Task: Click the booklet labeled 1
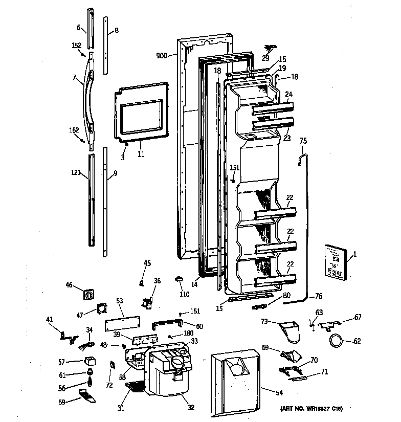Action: tap(335, 263)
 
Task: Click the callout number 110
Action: tap(184, 294)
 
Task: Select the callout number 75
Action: tap(303, 141)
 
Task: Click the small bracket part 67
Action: tap(328, 323)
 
